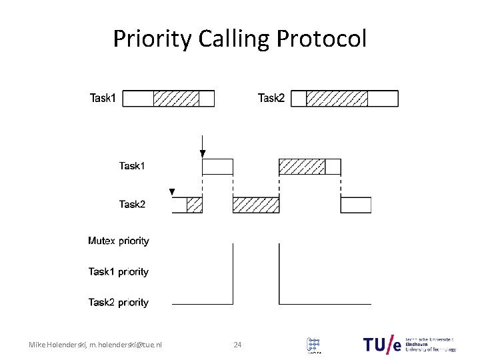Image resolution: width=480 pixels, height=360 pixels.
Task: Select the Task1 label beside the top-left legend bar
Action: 103,99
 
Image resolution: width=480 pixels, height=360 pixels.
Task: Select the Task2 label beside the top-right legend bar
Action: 271,99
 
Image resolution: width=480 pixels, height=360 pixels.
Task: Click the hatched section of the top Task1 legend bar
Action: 176,99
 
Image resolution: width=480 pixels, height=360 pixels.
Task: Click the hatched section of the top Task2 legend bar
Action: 336,99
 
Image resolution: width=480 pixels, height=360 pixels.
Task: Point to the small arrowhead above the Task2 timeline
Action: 172,192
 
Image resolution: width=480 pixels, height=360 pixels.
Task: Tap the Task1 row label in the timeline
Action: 132,166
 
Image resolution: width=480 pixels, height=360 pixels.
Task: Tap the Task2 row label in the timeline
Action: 132,205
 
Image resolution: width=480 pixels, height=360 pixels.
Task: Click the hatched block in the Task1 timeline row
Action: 301,167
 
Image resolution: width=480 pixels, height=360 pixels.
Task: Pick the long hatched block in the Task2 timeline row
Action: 255,205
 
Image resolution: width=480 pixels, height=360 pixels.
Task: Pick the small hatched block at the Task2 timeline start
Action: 194,205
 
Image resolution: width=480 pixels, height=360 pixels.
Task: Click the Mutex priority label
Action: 119,241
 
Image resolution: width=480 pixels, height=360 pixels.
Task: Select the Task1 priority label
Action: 119,271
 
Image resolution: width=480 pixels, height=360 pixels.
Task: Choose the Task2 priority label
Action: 119,302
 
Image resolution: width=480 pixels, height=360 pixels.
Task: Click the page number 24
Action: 237,345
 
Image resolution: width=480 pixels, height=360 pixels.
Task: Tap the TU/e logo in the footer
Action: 383,344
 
